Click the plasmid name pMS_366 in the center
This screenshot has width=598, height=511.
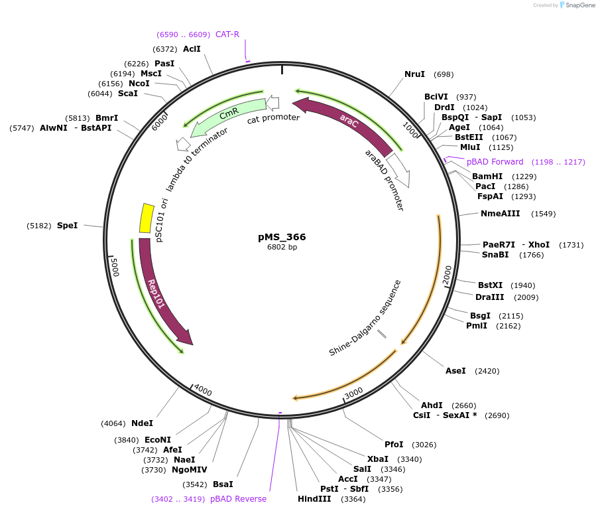(x=282, y=236)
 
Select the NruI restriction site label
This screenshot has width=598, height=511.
(x=414, y=74)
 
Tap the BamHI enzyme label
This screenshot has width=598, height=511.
(x=487, y=177)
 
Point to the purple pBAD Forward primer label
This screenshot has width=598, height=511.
(x=495, y=162)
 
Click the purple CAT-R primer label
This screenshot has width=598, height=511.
(x=227, y=35)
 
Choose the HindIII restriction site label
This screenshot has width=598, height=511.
(x=314, y=499)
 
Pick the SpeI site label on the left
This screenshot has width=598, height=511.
(x=67, y=226)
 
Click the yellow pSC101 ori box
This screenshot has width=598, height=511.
(x=146, y=218)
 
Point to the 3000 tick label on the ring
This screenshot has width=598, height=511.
(x=354, y=392)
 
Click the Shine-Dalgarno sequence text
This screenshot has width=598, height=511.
(x=365, y=317)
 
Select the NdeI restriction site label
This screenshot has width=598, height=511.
(x=142, y=423)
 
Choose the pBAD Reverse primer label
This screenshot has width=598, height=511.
(x=238, y=499)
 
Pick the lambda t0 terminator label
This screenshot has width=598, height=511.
(x=196, y=159)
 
